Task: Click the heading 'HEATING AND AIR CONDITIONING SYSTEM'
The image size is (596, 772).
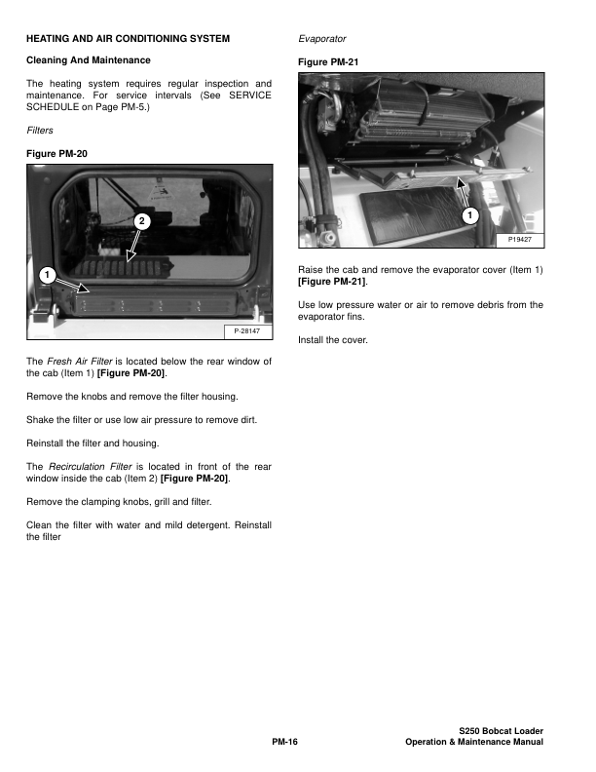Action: pyautogui.click(x=128, y=39)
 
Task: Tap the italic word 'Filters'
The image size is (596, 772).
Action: pyautogui.click(x=40, y=130)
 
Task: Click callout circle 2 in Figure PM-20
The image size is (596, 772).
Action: pyautogui.click(x=141, y=222)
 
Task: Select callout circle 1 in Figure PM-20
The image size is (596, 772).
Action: pyautogui.click(x=45, y=275)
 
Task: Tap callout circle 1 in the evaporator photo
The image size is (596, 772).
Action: pyautogui.click(x=468, y=213)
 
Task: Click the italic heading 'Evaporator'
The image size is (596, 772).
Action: pyautogui.click(x=321, y=39)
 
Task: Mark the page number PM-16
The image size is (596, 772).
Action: pyautogui.click(x=283, y=743)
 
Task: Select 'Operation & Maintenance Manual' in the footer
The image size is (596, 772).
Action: pyautogui.click(x=474, y=743)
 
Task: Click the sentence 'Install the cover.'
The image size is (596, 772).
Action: pyautogui.click(x=331, y=340)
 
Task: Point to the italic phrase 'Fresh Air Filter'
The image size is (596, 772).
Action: pyautogui.click(x=80, y=362)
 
